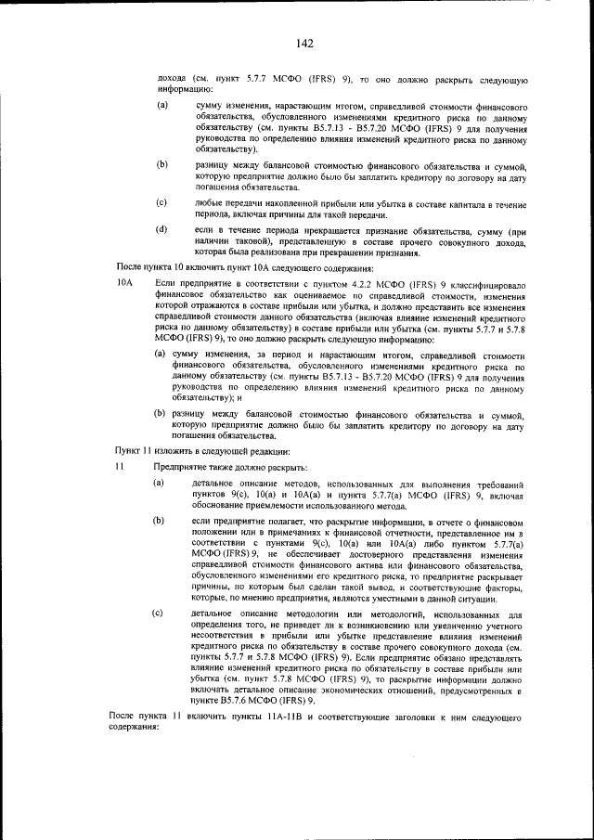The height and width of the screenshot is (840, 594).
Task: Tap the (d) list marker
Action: [x=161, y=228]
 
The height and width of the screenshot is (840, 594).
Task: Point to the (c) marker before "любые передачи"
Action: [x=161, y=201]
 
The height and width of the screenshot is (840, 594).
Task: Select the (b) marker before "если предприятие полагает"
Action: [x=158, y=522]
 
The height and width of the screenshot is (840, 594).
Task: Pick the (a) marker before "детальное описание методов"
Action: [x=158, y=484]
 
